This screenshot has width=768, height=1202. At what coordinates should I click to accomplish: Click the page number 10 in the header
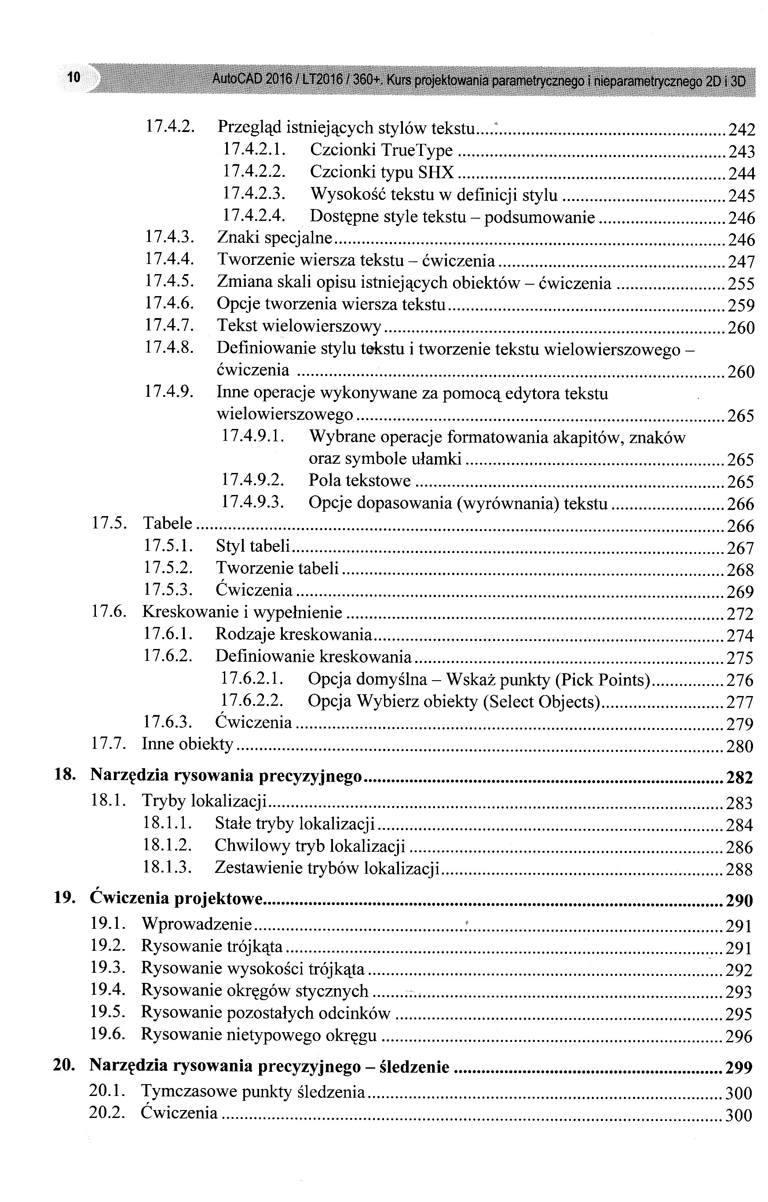[73, 77]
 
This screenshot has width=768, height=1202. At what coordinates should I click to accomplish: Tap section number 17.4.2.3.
[253, 193]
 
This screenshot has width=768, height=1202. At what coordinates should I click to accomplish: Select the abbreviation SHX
[436, 172]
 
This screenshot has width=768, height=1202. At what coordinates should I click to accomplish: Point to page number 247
[741, 262]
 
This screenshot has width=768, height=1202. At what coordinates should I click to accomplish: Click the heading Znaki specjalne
[274, 238]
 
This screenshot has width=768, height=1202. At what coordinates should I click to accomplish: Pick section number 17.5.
[109, 523]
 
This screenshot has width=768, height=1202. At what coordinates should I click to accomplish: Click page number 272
[740, 613]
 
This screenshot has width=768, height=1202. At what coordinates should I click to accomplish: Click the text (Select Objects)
[541, 701]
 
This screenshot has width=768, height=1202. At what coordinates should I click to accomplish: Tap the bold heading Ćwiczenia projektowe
[176, 898]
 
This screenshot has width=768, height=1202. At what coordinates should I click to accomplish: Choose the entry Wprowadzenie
[197, 924]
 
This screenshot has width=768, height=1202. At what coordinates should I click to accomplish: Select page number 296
[739, 1036]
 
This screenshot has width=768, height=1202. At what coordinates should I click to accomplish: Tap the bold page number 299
[739, 1068]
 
